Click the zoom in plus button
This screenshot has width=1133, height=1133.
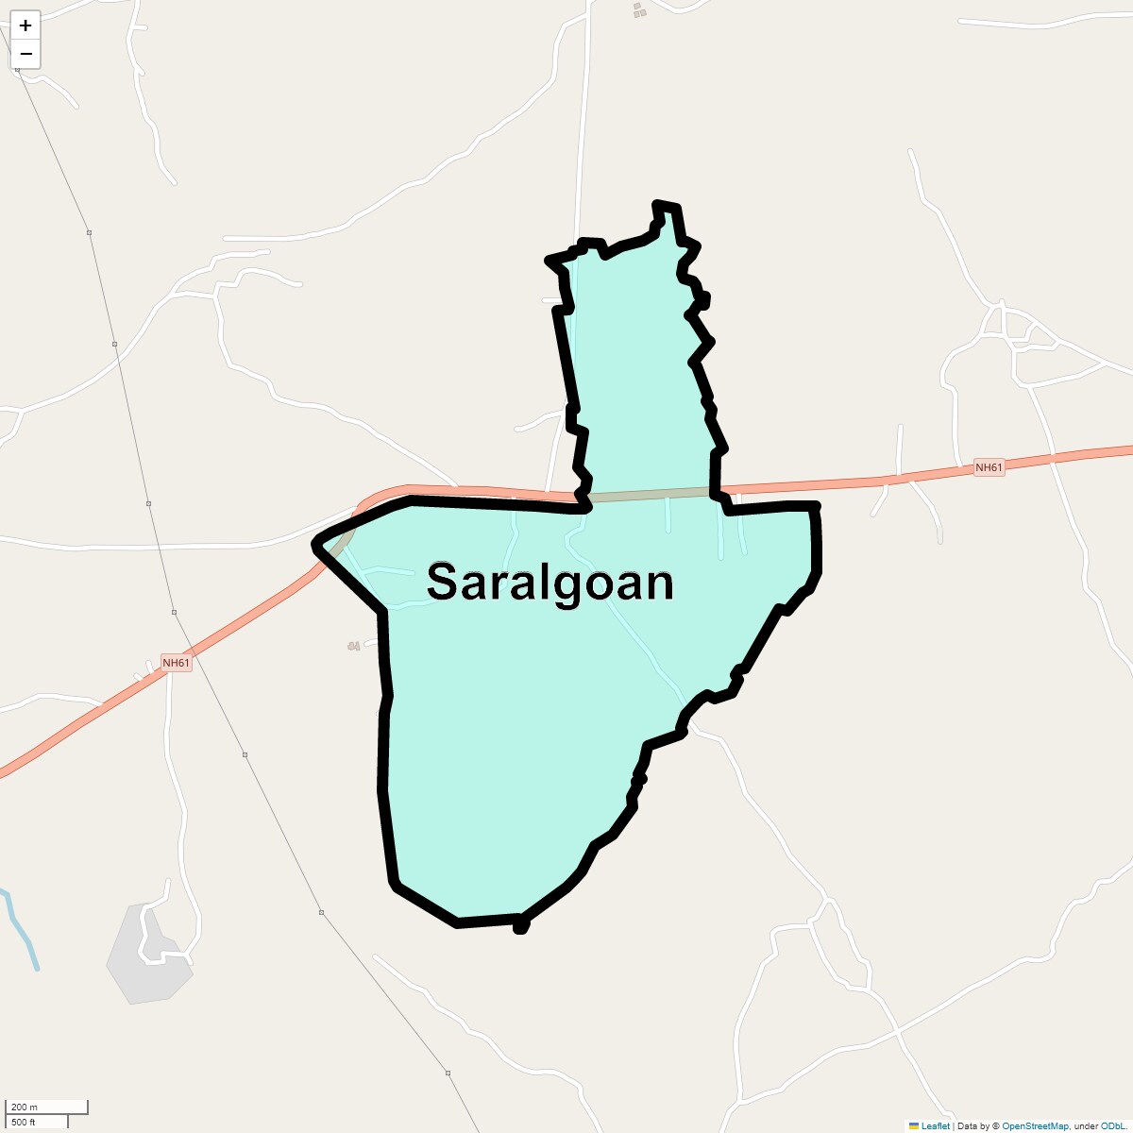click(25, 25)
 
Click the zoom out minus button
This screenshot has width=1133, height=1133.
click(25, 54)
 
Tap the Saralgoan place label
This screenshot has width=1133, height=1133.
click(550, 583)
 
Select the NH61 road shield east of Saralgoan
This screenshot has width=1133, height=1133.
click(989, 467)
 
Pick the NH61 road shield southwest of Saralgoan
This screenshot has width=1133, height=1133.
click(176, 663)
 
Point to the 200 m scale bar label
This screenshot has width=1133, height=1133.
click(25, 1107)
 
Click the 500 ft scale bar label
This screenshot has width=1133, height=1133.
click(24, 1122)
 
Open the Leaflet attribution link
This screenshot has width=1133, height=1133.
click(935, 1125)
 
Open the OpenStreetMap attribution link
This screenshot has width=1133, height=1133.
click(1035, 1125)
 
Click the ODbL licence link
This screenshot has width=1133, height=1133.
click(1111, 1125)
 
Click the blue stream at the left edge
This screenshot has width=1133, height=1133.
click(21, 930)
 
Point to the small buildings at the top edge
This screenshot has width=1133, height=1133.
click(639, 10)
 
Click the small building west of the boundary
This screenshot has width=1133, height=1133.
click(354, 646)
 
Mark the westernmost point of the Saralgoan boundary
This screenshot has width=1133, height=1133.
click(315, 545)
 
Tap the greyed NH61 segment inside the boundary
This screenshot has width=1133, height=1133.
click(651, 493)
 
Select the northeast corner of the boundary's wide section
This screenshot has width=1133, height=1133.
click(814, 508)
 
